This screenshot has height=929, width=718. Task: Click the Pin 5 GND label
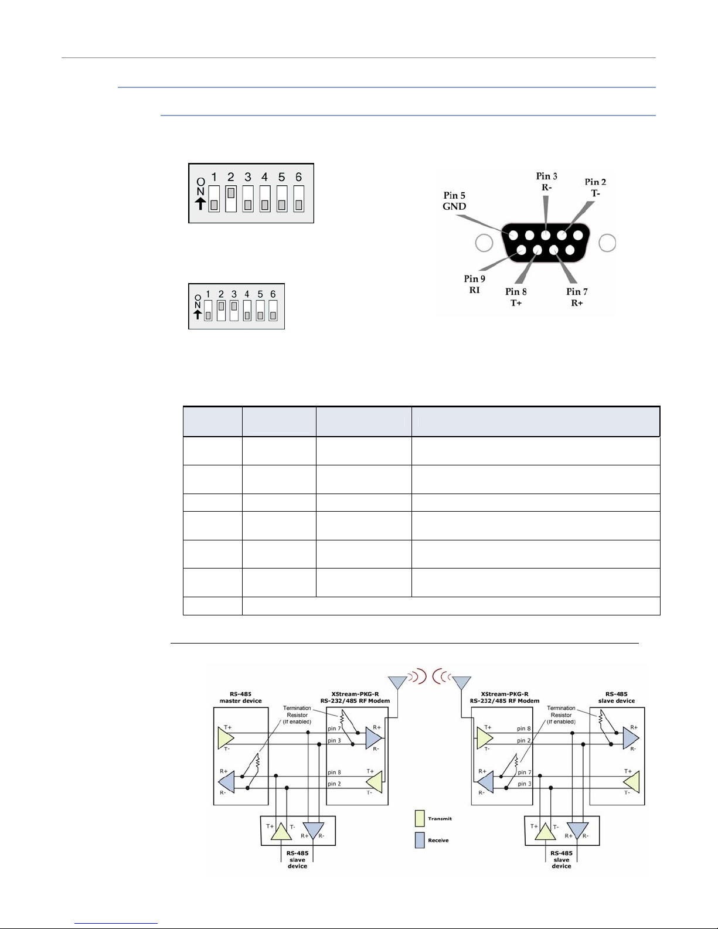point(454,201)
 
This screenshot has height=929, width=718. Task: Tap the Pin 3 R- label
point(546,182)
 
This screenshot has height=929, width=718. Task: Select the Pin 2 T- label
point(595,188)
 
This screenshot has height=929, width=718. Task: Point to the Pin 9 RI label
point(475,284)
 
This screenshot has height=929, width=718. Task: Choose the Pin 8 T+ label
point(516,297)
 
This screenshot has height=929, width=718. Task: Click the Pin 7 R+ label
point(577,297)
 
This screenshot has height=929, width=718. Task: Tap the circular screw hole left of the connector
point(484,243)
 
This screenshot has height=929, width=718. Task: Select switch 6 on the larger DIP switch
point(299,199)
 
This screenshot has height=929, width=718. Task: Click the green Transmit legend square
point(419,819)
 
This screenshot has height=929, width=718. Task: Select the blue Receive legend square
point(419,840)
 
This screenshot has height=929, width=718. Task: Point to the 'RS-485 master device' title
point(240,697)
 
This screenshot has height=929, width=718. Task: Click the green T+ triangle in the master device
point(225,739)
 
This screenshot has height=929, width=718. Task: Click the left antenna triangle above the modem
point(398,682)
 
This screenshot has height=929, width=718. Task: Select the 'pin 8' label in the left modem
point(334,773)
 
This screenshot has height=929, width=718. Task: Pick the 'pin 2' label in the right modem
point(524,741)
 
